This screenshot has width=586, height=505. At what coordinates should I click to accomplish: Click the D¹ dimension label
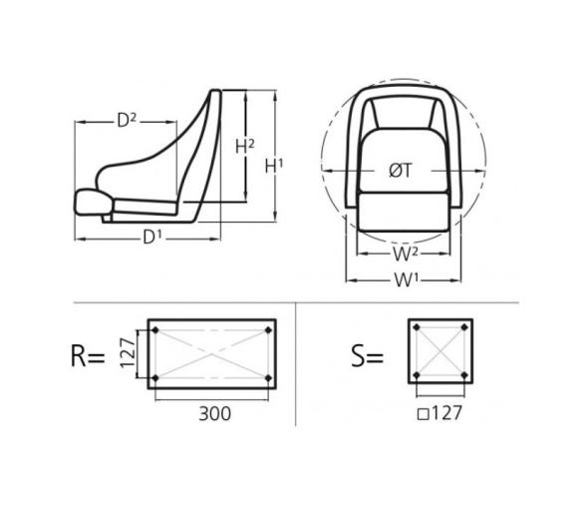pos(151,238)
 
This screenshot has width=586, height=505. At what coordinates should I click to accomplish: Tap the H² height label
pos(244,147)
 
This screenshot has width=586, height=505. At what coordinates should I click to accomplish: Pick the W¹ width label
pos(404,279)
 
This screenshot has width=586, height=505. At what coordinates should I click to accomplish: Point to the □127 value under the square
pos(439,410)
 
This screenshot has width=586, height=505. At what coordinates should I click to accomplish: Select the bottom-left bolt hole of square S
pos(417,376)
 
